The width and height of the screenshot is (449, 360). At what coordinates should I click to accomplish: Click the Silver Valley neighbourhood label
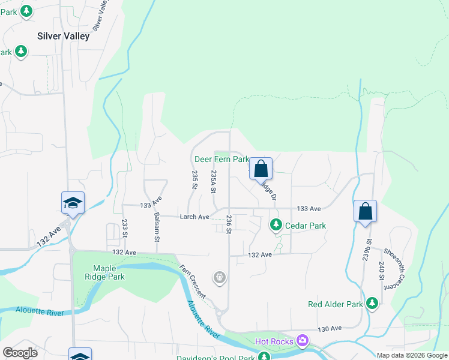[x=63, y=36]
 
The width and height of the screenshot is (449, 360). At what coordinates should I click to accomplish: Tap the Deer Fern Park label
[x=221, y=160]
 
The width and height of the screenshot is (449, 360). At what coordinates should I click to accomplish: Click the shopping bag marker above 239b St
[x=365, y=211]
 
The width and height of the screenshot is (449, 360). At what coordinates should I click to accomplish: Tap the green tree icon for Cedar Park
[x=276, y=225]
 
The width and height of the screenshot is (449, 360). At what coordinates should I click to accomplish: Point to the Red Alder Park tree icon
[x=373, y=304]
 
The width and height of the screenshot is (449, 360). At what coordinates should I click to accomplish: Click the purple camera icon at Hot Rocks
[x=302, y=341]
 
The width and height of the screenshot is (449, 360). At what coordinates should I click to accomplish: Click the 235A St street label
[x=213, y=181]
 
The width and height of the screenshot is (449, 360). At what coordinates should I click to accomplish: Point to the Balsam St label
[x=156, y=227]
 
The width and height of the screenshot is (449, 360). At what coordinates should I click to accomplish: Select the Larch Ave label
[x=194, y=217]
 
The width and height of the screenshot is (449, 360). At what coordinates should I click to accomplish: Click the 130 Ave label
[x=330, y=329]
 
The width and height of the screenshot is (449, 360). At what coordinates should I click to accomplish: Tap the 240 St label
[x=381, y=272]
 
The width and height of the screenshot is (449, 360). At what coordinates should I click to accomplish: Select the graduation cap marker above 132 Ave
[x=73, y=203]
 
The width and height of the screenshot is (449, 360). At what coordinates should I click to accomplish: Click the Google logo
[x=20, y=352]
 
